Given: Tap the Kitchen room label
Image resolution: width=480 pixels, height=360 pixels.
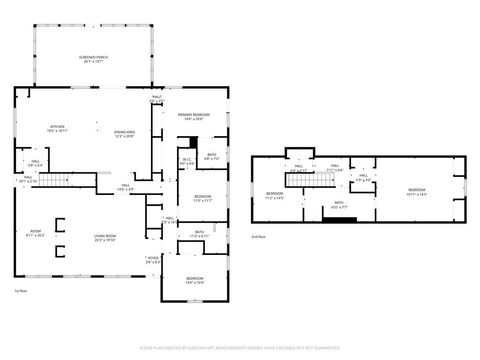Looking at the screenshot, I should pos(58,128).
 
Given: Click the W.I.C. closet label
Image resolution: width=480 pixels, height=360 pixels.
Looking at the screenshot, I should pos(186,160).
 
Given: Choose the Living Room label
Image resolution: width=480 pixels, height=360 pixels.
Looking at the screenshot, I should pos(105,239).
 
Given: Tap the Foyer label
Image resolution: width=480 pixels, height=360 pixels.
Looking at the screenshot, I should pos(151,262).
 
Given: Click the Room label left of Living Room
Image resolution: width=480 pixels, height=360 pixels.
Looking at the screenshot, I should pos(35,234).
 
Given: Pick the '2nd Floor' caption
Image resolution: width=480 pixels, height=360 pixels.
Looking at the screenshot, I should pos(258,236).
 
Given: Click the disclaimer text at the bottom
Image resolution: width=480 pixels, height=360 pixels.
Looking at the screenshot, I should pos(240,348).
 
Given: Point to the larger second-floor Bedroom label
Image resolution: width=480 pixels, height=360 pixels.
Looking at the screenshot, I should pos(416,190).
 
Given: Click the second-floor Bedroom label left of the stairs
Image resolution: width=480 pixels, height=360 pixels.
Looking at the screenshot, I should pos(275,195).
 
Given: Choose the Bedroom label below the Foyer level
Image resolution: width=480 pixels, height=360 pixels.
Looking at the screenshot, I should pos(194,279).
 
